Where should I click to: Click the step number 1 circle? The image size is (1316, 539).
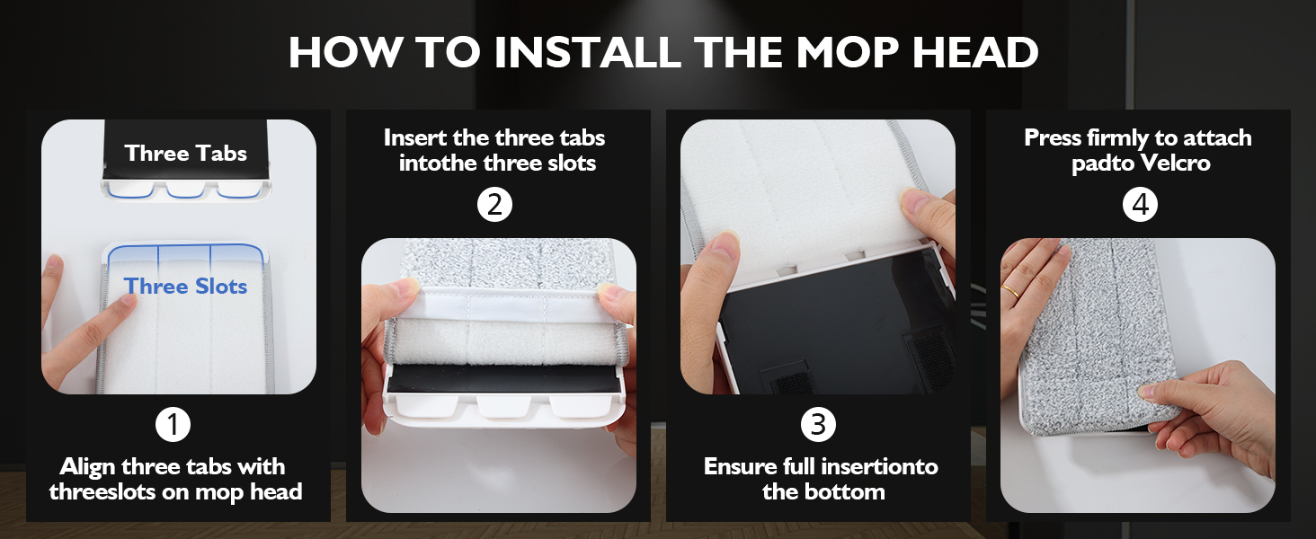pyautogui.click(x=173, y=424)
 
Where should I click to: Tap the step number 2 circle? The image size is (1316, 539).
pyautogui.click(x=493, y=205)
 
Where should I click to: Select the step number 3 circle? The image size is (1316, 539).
pyautogui.click(x=817, y=424)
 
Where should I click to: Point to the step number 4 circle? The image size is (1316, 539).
pyautogui.click(x=1140, y=205)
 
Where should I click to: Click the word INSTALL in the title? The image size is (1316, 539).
pyautogui.click(x=587, y=53)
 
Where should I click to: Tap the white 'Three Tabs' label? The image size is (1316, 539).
pyautogui.click(x=185, y=153)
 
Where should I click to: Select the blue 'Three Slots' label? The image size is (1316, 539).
pyautogui.click(x=185, y=287)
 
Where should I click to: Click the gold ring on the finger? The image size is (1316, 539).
pyautogui.click(x=1011, y=290)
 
